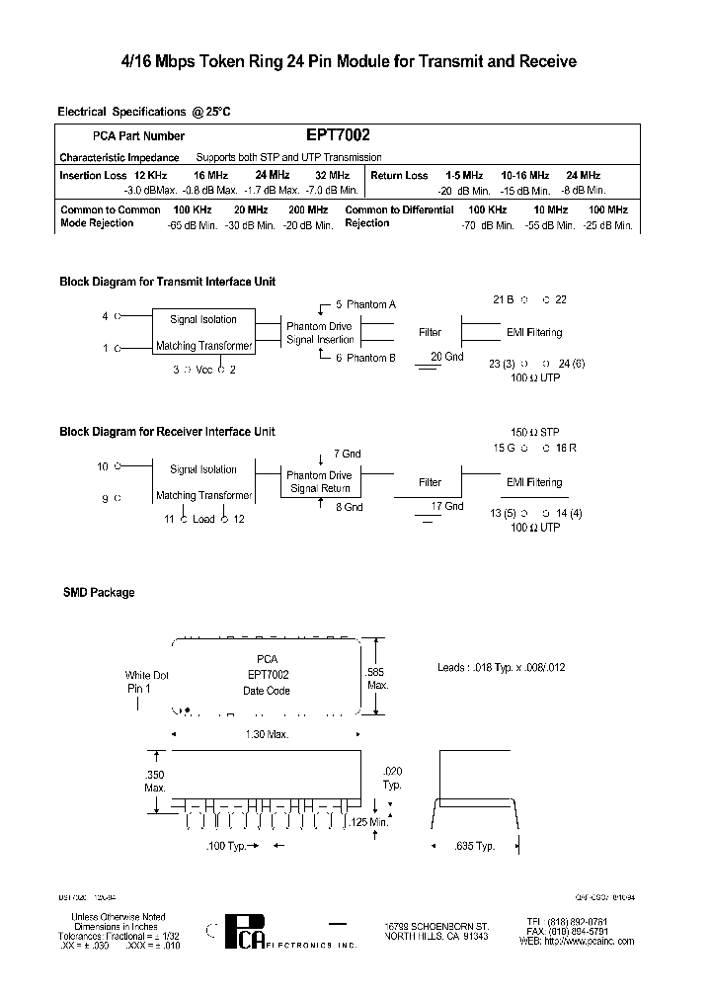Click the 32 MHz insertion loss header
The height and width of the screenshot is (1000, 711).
(x=332, y=176)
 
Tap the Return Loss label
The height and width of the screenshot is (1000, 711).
(x=400, y=176)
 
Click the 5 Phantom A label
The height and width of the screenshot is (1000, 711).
(x=365, y=305)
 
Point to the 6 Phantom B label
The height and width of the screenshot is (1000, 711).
(x=365, y=358)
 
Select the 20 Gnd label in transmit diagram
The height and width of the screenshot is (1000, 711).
(x=446, y=357)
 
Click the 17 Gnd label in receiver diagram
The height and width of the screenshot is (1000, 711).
(x=446, y=506)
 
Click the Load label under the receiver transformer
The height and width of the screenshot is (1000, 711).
(x=203, y=519)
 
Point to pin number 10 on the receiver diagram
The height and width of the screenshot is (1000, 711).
(x=102, y=465)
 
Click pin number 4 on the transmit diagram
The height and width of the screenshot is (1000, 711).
(x=105, y=316)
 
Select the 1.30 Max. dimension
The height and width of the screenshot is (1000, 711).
(x=268, y=734)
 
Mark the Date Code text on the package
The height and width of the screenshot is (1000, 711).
(x=267, y=691)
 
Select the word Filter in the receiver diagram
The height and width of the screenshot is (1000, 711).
(x=430, y=482)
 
